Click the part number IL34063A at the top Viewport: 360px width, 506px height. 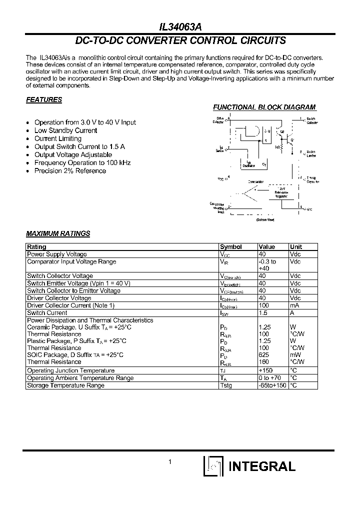tap(180, 28)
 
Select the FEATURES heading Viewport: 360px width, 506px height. tap(44, 99)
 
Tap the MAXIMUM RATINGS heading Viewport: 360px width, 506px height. tap(58, 233)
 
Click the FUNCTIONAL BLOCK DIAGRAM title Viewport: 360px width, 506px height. tap(264, 107)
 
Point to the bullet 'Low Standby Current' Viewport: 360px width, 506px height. tap(65, 130)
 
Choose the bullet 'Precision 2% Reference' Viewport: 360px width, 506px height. tap(70, 171)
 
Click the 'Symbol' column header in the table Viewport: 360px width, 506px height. tap(231, 247)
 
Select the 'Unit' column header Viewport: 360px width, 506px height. tap(296, 247)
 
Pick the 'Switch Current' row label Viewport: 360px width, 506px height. tap(47, 313)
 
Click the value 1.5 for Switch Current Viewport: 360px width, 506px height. tap(262, 313)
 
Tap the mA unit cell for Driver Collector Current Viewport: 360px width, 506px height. tap(294, 305)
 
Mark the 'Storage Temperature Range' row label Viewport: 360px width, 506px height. tap(65, 385)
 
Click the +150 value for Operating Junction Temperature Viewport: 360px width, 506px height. tap(266, 371)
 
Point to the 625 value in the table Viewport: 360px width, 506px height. tap(263, 355)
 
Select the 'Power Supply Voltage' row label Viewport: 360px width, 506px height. tap(56, 254)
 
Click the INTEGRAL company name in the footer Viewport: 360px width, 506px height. tap(261, 466)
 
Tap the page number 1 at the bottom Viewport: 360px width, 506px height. tap(170, 462)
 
